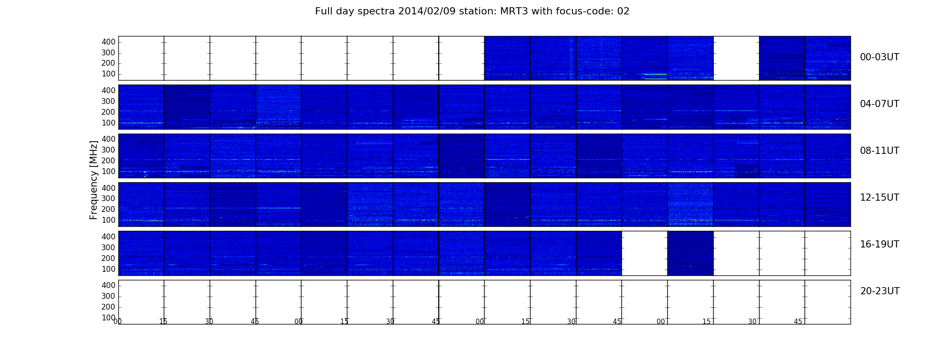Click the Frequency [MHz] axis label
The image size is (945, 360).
(x=94, y=180)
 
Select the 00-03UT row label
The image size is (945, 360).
(x=880, y=57)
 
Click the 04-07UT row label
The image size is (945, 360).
(x=880, y=104)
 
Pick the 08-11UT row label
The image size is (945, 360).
(x=880, y=151)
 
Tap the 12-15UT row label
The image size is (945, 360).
(x=880, y=198)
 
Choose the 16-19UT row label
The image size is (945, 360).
(x=880, y=244)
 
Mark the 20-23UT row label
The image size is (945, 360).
(x=880, y=291)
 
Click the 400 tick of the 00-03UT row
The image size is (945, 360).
(x=108, y=42)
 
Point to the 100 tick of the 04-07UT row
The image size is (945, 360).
(x=108, y=123)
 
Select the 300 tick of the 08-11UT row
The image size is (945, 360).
(x=108, y=150)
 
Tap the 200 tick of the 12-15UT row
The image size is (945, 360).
(x=108, y=209)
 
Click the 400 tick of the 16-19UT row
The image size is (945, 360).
(x=108, y=237)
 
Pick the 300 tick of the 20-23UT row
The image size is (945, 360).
(x=108, y=296)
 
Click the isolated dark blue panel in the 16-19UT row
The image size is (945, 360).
(x=690, y=253)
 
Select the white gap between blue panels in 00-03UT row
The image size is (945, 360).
(x=736, y=58)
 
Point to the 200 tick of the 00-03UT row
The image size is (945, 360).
(x=108, y=63)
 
